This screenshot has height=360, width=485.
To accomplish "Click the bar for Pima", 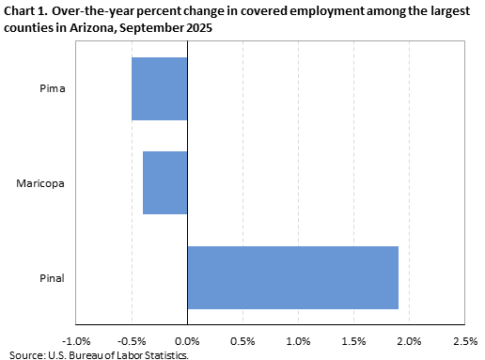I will pos(160,89).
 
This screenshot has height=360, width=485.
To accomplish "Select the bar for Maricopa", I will pos(165,182).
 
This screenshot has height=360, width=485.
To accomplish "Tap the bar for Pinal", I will pos(292,277).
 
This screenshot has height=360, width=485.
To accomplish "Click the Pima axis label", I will pos(52,89).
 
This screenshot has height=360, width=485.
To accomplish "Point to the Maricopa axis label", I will pos(40,182).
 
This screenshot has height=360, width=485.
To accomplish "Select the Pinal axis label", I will pos(51,277).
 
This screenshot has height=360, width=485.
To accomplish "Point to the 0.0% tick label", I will pos(187,339).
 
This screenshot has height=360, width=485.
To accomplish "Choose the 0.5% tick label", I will pos(242,339).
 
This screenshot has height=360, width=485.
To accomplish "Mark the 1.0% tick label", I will pos(298,339).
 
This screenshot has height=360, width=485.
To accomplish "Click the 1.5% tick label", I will pos(354,339).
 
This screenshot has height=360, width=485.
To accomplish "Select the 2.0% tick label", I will pos(410,339).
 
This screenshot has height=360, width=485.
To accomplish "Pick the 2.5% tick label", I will pos(465,339).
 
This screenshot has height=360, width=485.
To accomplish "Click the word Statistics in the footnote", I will pos(166,354).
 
